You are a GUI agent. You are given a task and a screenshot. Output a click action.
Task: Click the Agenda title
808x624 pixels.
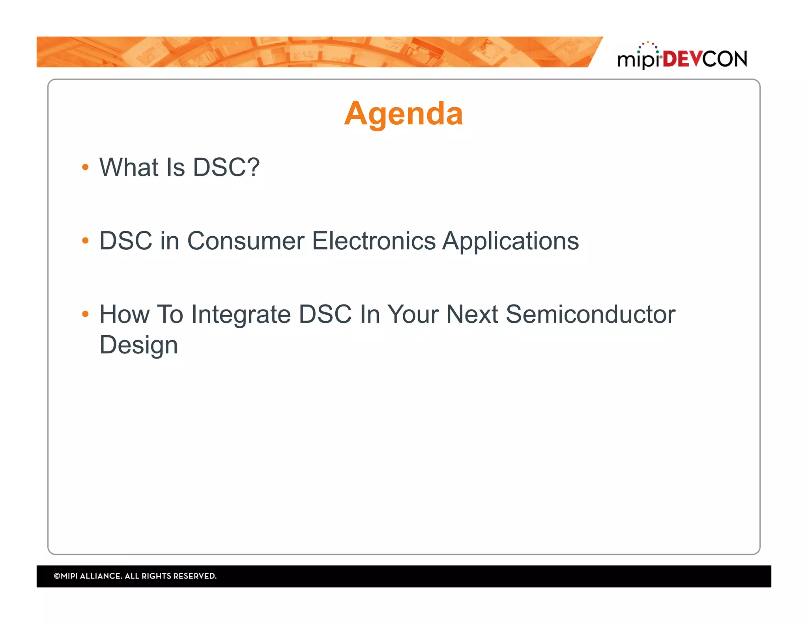pyautogui.click(x=403, y=114)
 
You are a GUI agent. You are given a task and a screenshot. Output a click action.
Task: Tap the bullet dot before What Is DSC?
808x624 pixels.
pyautogui.click(x=85, y=167)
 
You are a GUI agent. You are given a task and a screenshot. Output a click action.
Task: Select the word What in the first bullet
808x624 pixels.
pyautogui.click(x=129, y=167)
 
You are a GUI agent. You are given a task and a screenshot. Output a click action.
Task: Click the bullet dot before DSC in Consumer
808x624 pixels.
pyautogui.click(x=85, y=241)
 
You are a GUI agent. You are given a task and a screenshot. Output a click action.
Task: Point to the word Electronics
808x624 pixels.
pyautogui.click(x=374, y=241)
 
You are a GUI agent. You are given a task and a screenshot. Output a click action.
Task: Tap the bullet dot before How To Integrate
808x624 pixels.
pyautogui.click(x=85, y=314)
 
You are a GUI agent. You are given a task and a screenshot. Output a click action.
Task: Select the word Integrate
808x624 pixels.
pyautogui.click(x=241, y=314)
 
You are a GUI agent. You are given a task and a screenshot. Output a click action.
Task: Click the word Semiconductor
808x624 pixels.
pyautogui.click(x=590, y=314)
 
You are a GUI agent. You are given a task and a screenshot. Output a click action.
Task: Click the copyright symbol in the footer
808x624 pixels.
pyautogui.click(x=57, y=576)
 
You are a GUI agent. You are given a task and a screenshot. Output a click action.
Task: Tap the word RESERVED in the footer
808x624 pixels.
pyautogui.click(x=195, y=576)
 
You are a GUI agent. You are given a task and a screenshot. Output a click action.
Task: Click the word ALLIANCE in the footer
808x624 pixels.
pyautogui.click(x=101, y=576)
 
